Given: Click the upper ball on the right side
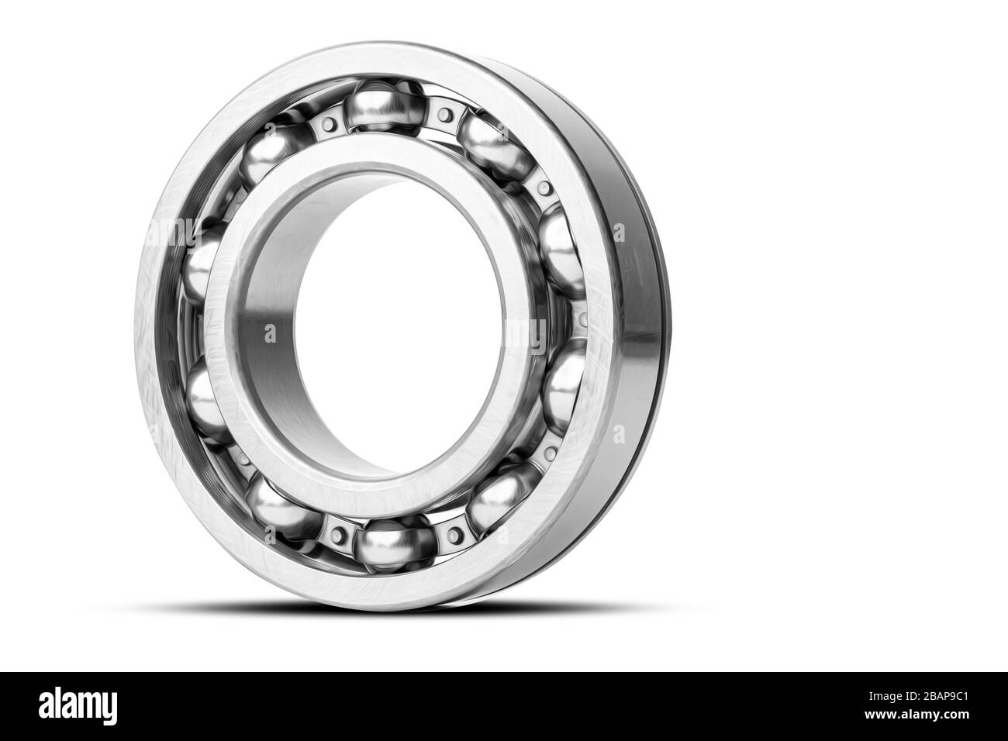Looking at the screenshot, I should click(560, 239).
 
